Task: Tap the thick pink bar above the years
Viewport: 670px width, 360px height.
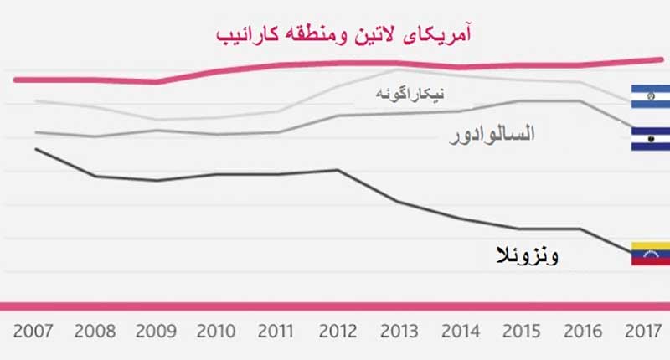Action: click(x=335, y=306)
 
